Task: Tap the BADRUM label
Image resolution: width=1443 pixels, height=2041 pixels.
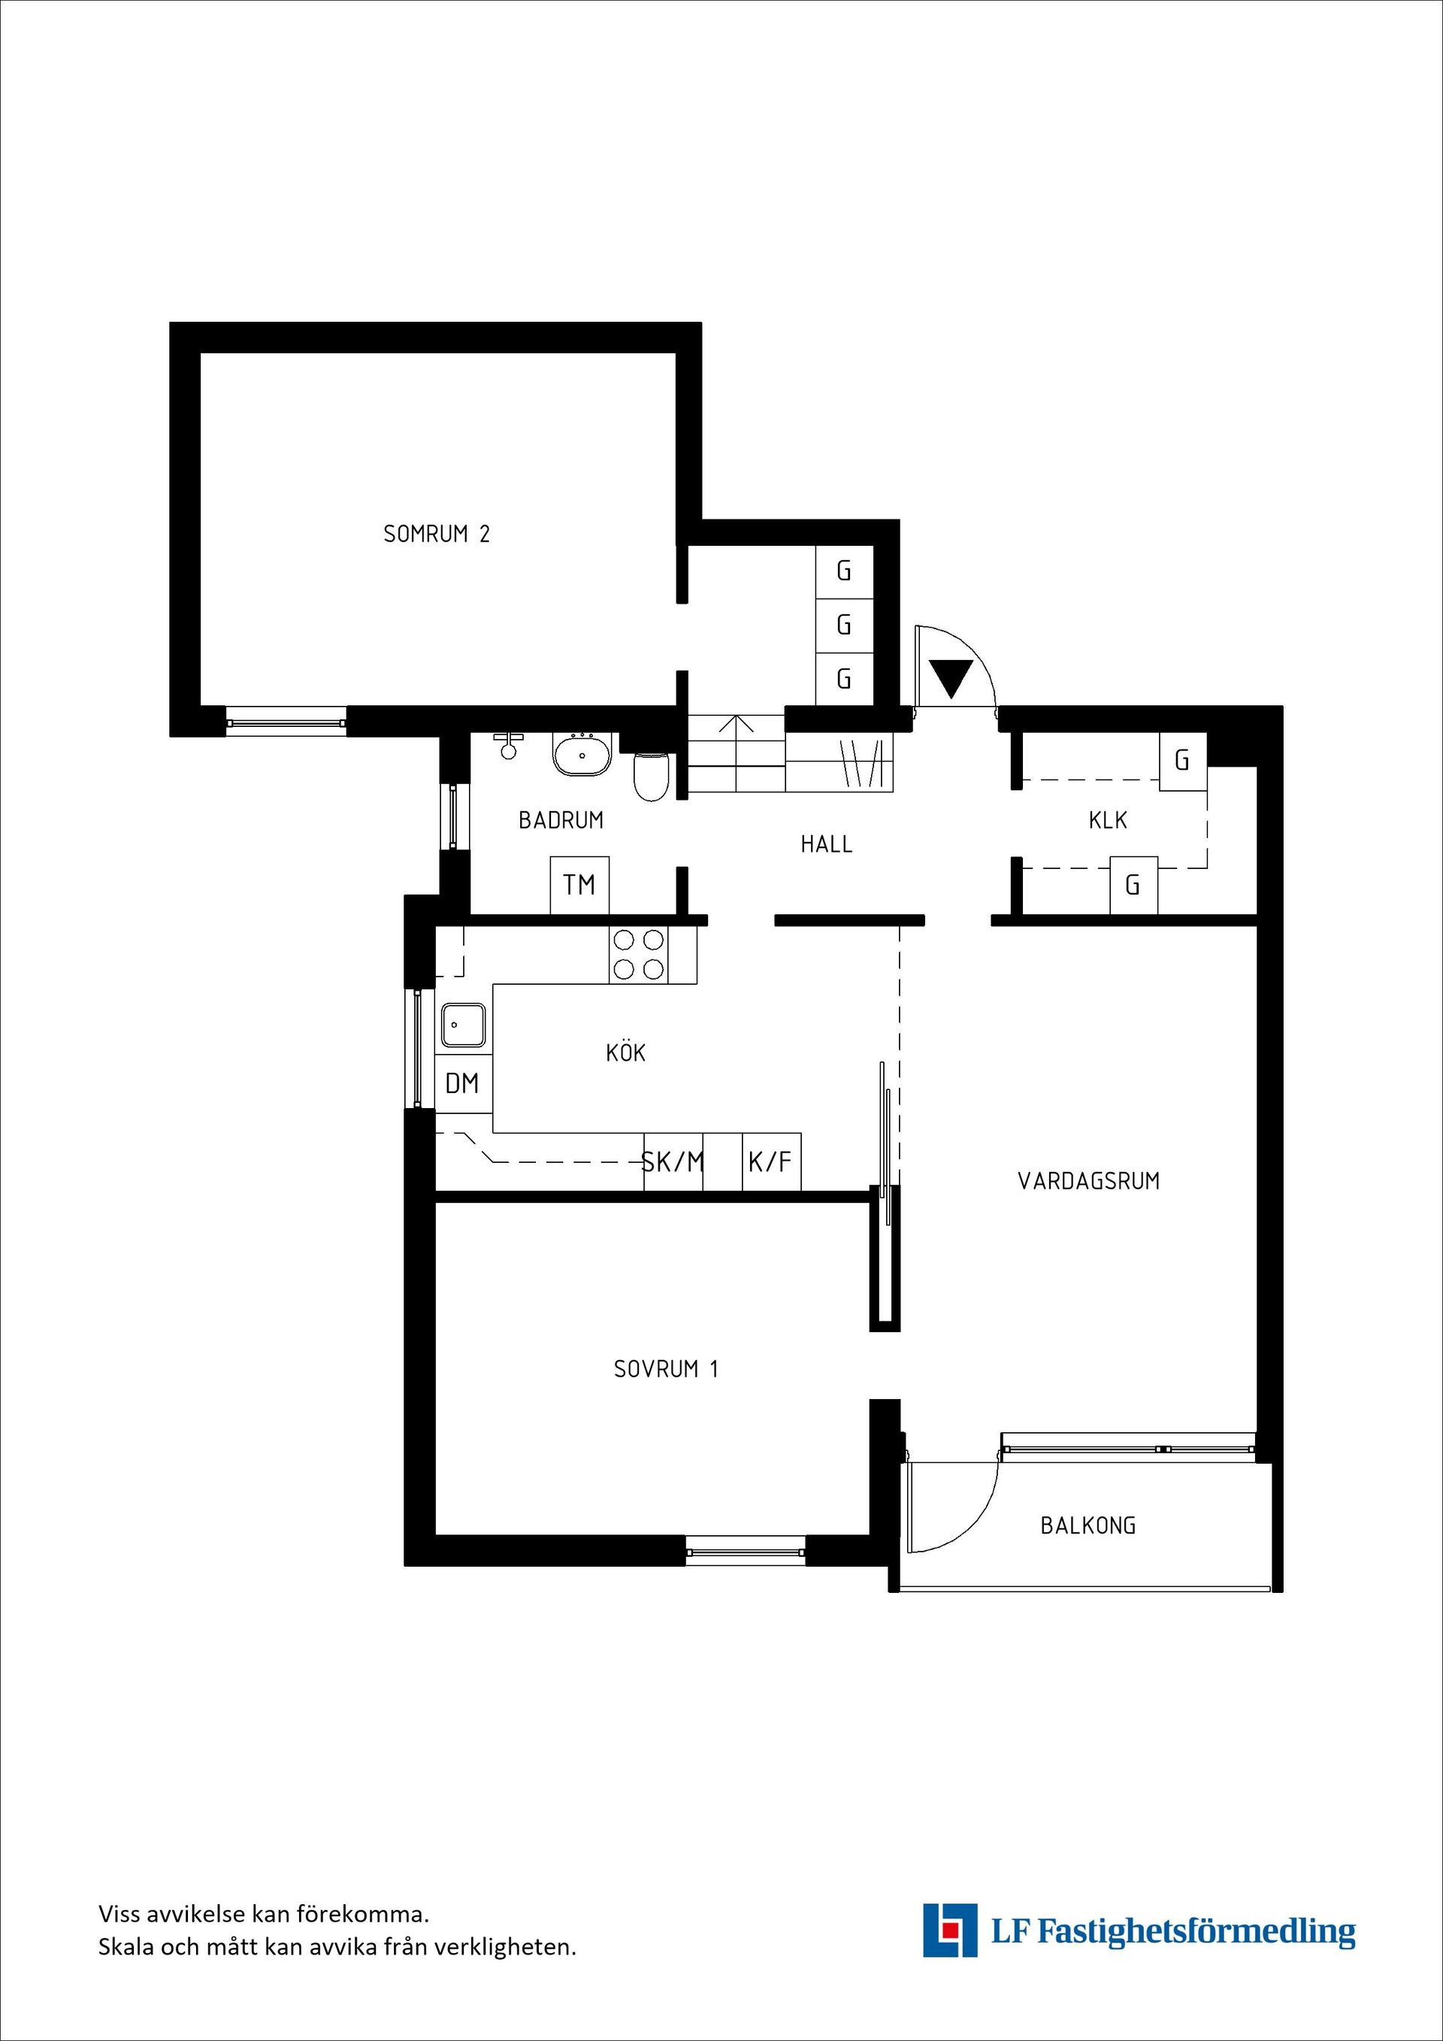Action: tap(561, 819)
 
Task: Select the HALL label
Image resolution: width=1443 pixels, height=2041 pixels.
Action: tap(827, 843)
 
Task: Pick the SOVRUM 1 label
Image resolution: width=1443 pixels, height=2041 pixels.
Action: tap(666, 1369)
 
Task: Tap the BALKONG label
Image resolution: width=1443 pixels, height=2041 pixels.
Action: tap(1088, 1525)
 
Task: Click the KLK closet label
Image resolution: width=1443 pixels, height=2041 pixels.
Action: tap(1108, 819)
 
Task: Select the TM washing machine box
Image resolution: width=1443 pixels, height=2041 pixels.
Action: tap(579, 885)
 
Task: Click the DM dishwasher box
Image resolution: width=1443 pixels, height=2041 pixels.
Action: tap(463, 1083)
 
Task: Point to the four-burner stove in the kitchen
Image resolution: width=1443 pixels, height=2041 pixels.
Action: tap(639, 955)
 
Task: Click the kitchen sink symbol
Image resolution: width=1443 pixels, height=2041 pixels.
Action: tap(464, 1025)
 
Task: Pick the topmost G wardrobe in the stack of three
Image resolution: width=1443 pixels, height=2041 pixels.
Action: tap(844, 571)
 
